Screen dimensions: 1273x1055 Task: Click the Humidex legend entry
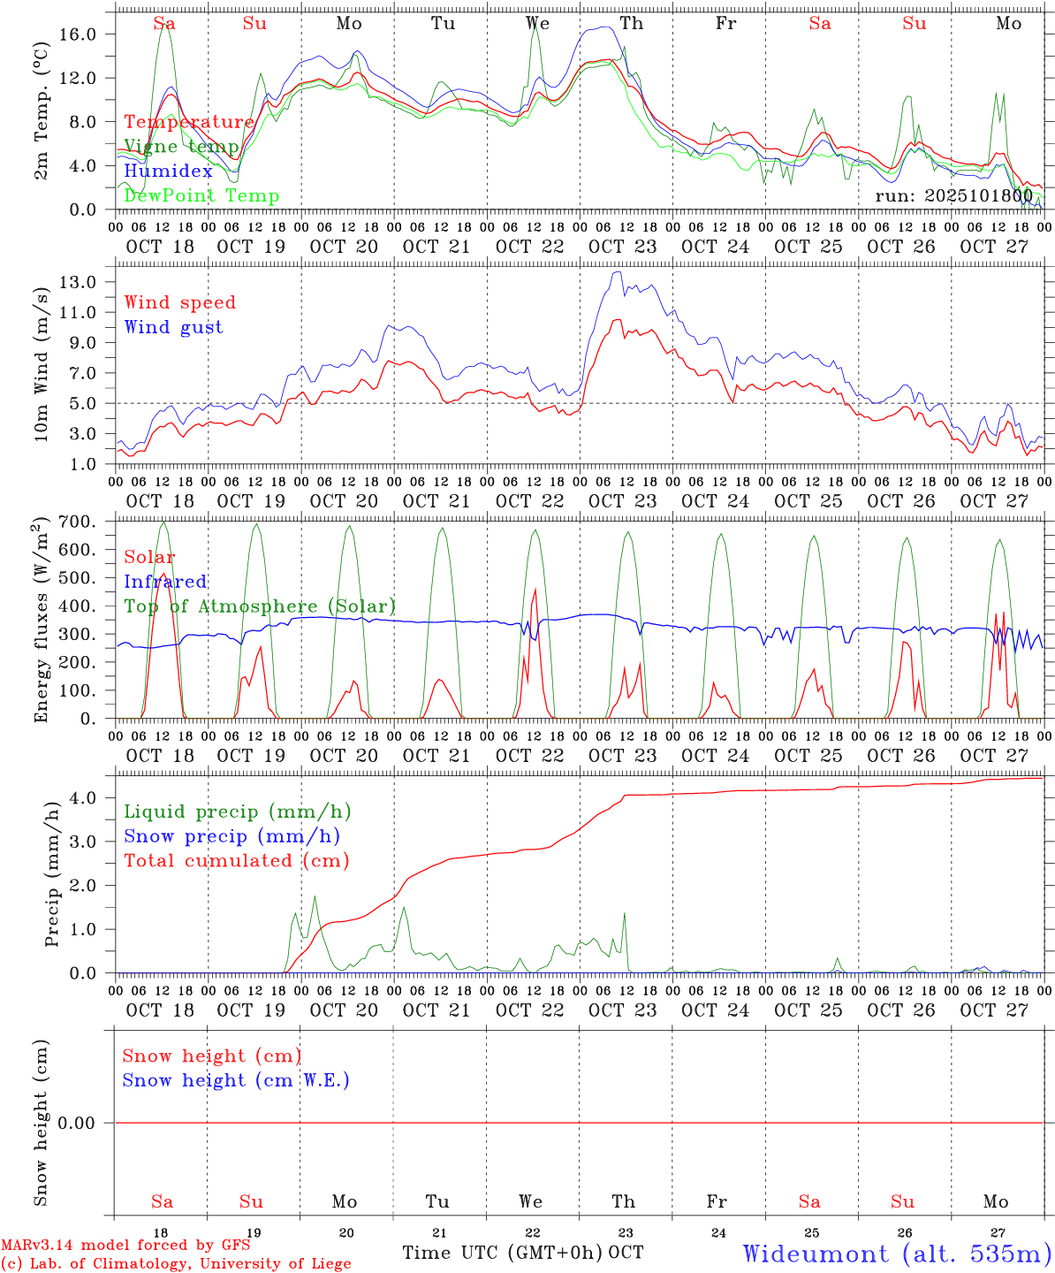168,172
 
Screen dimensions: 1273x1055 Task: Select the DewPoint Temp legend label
201,196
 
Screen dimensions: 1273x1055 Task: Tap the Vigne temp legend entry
181,147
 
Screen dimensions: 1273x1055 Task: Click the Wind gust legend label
173,327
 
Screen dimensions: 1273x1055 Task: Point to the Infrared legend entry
165,582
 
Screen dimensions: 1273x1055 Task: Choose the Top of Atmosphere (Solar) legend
260,606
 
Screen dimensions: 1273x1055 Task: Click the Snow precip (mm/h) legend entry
231,836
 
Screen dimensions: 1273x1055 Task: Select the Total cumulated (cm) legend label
236,861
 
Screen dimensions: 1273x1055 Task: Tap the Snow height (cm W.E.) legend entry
236,1080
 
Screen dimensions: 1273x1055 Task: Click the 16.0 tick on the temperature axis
90,34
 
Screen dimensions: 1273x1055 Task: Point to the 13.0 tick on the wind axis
90,282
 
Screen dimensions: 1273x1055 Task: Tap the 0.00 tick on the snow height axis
86,1123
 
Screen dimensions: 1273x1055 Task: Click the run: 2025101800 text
953,195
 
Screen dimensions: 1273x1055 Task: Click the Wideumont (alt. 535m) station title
897,1254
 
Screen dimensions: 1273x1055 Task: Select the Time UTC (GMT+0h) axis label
503,1253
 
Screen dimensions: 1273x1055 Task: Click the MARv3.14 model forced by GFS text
125,1245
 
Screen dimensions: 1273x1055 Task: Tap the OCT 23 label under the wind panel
623,501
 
